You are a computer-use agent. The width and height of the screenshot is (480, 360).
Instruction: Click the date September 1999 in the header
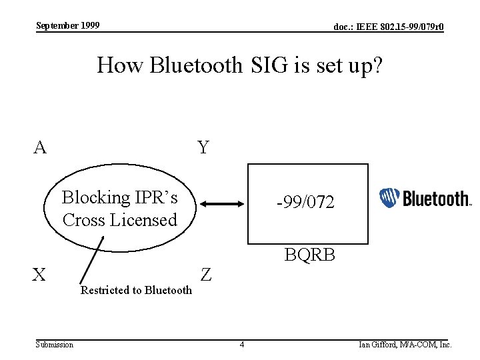click(68, 25)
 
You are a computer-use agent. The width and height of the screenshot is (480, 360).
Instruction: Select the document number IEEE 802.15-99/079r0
click(389, 27)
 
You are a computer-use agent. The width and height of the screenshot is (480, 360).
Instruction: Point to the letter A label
click(41, 147)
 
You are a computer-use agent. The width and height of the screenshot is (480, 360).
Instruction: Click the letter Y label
click(203, 147)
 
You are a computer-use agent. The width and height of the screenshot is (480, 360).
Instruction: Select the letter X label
click(41, 274)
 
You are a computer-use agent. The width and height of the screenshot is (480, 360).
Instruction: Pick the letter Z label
click(206, 274)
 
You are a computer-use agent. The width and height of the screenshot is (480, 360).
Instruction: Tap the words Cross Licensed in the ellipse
click(120, 219)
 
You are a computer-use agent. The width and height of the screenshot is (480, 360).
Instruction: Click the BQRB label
click(309, 255)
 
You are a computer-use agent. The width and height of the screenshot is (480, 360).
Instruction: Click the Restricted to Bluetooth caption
click(136, 290)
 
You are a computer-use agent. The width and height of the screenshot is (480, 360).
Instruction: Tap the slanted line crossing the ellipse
click(92, 259)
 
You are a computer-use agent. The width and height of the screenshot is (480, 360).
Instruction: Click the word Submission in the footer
click(55, 345)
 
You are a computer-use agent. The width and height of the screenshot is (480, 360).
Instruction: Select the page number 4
click(242, 345)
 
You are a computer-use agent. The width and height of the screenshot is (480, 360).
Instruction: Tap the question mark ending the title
click(376, 66)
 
